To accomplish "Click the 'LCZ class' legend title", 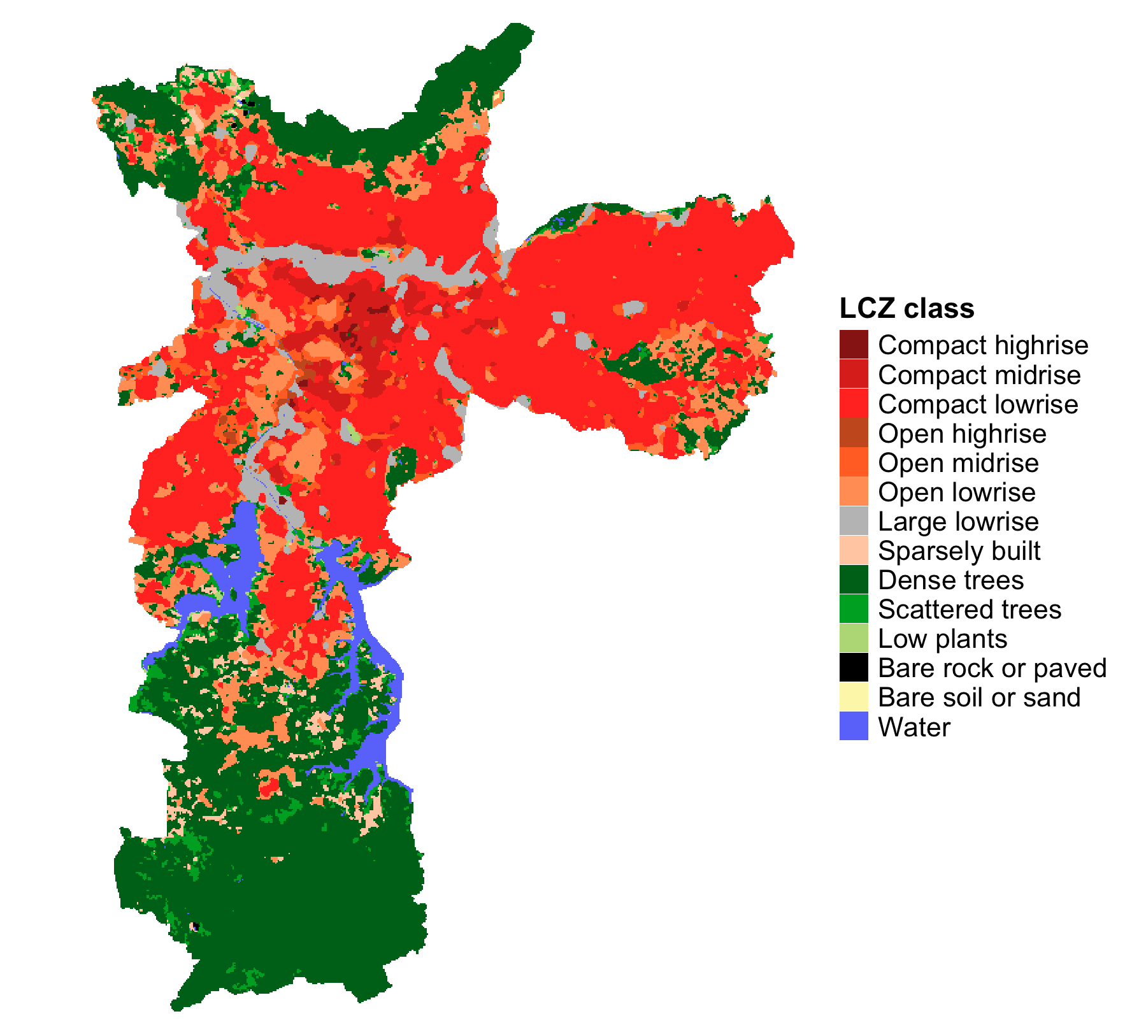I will click(906, 309).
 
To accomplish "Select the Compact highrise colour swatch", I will click(854, 345).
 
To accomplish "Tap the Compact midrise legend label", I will click(979, 375).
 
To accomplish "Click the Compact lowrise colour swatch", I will click(854, 404).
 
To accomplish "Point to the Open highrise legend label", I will click(962, 434).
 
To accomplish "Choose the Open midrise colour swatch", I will click(854, 462).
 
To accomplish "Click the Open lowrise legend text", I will click(956, 492).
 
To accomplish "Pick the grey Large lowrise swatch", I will click(854, 521).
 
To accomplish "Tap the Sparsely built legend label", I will click(959, 551).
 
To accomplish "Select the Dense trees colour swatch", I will click(854, 580).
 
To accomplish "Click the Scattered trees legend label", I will click(970, 610).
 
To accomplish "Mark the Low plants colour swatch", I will click(854, 638).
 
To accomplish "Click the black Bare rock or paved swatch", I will click(854, 668).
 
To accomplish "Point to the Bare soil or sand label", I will click(979, 697).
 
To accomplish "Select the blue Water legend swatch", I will click(854, 726).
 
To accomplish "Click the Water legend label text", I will click(914, 727).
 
